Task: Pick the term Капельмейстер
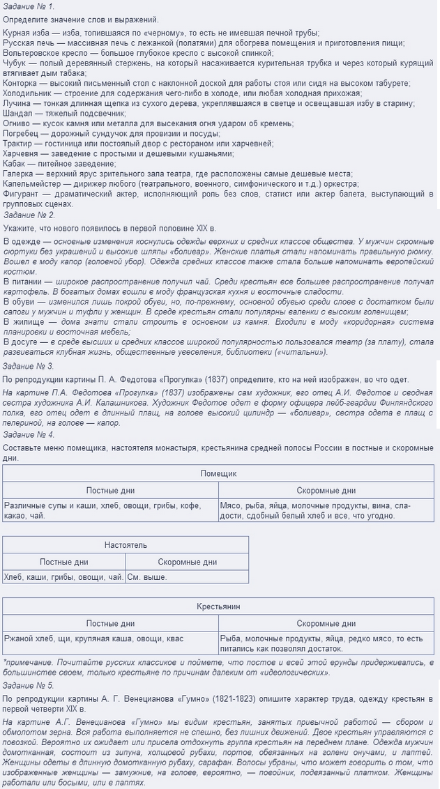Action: click(x=31, y=183)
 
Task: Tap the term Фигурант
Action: click(x=22, y=193)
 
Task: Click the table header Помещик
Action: click(x=219, y=473)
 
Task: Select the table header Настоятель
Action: click(x=126, y=544)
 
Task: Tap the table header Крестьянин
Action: click(x=219, y=606)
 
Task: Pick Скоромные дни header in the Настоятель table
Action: click(x=187, y=562)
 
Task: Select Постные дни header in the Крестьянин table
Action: click(x=110, y=624)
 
